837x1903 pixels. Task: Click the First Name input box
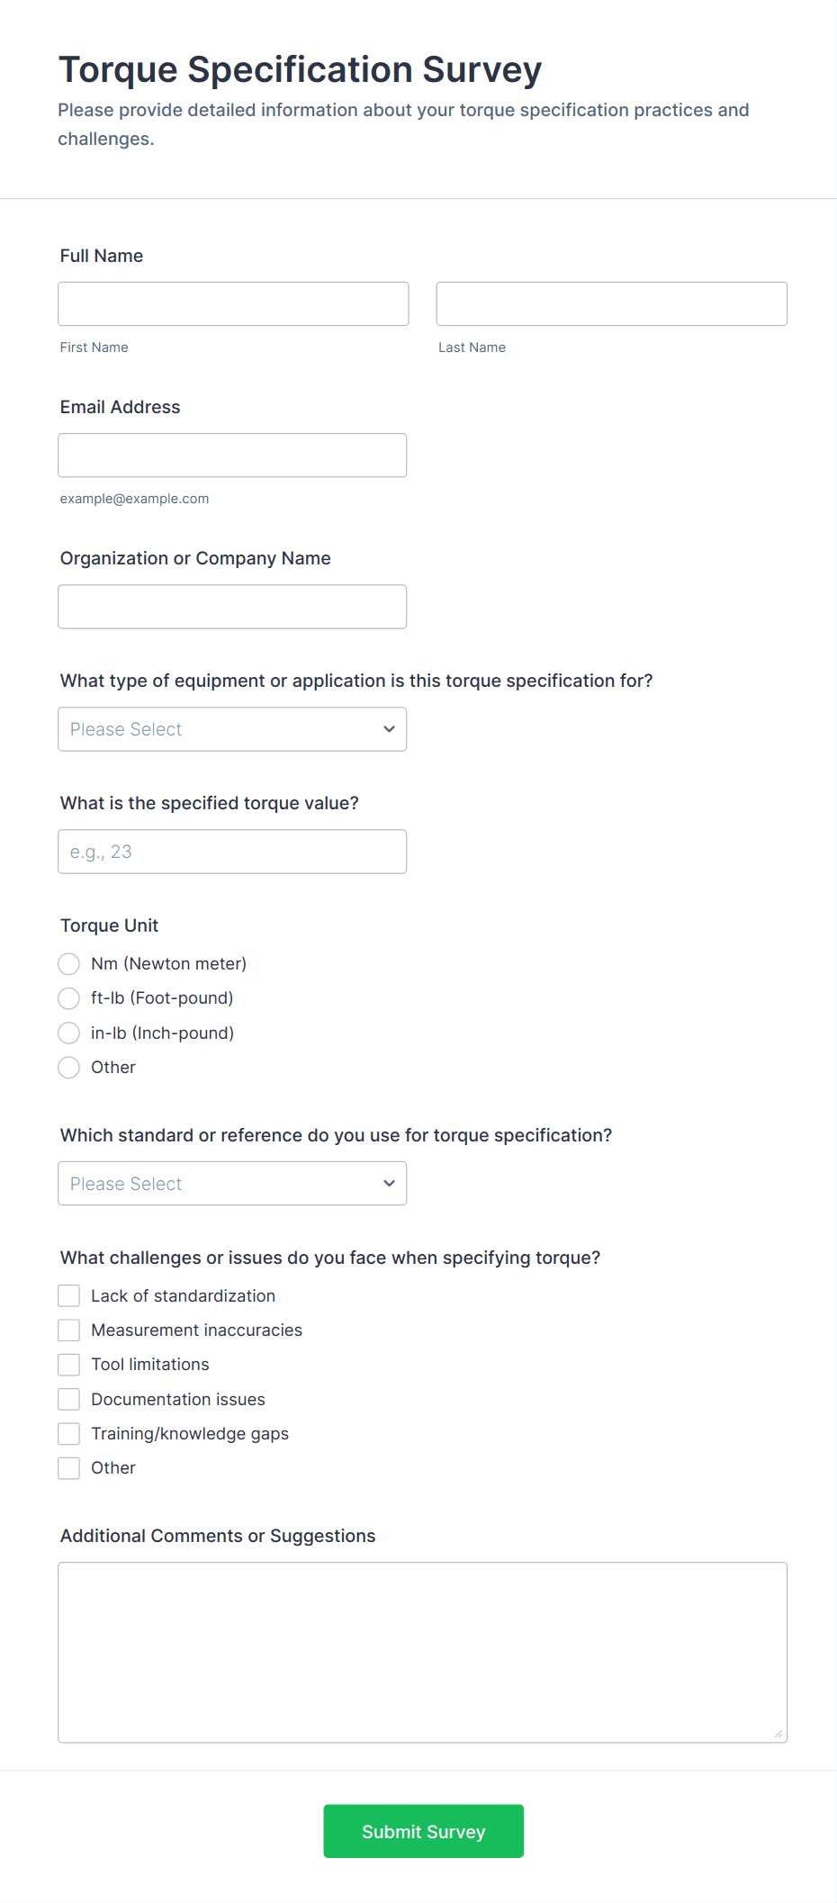coord(233,304)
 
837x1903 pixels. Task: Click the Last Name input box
coord(611,304)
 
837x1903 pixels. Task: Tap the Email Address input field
coord(232,455)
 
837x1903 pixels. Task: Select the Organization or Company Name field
coord(232,607)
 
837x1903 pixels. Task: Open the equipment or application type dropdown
coord(232,729)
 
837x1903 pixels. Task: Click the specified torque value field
coord(232,852)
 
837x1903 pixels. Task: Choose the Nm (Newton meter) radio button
coord(69,964)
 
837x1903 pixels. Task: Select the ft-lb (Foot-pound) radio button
coord(69,998)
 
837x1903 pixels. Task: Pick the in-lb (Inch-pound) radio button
coord(69,1033)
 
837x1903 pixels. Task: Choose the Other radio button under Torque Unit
coord(69,1068)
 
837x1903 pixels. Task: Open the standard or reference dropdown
coord(232,1184)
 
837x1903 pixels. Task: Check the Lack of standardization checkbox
coord(69,1296)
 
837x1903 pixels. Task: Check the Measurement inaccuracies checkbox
coord(69,1330)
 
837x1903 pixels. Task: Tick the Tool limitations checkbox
coord(69,1365)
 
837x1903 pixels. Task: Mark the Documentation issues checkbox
coord(69,1400)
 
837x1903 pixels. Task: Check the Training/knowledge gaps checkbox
coord(69,1434)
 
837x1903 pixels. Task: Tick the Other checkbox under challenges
coord(69,1468)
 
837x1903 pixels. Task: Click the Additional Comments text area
coord(422,1653)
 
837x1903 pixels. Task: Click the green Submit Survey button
coord(423,1831)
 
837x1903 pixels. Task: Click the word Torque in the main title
coord(118,70)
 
